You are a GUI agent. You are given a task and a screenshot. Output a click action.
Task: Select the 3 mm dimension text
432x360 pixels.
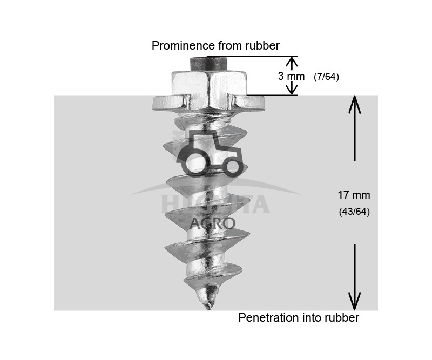tap(291, 76)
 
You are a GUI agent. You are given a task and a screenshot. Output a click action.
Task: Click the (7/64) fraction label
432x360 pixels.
tap(326, 77)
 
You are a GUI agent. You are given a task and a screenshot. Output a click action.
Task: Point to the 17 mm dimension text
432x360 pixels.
tap(354, 195)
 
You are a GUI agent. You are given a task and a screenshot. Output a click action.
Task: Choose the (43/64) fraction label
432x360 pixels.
tap(354, 212)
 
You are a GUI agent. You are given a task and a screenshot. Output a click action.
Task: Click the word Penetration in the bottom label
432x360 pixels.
tap(267, 318)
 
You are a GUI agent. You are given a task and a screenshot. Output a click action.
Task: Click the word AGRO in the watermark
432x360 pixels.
tap(212, 223)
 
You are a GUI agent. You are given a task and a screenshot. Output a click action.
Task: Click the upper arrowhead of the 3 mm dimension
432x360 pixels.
tap(291, 60)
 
